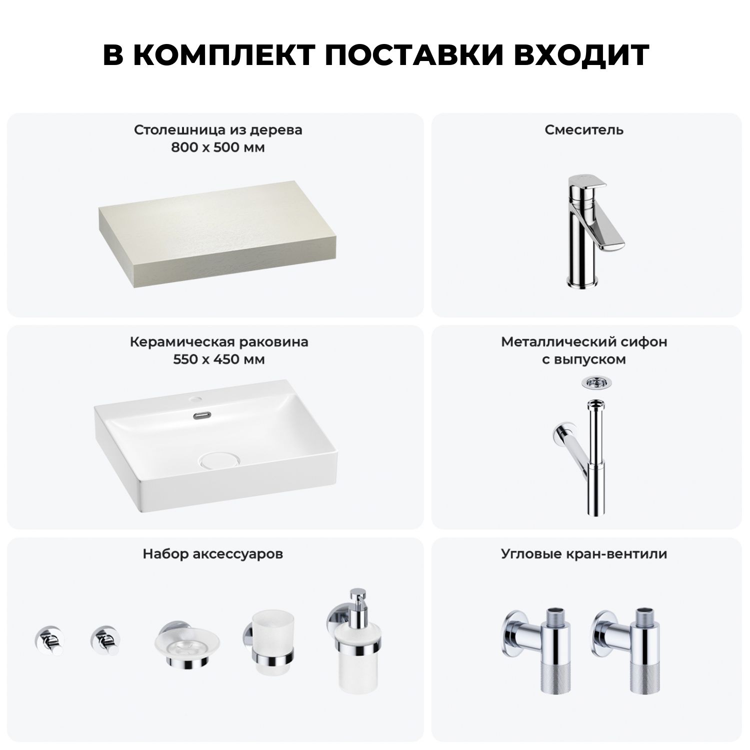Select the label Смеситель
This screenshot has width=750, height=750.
(x=584, y=130)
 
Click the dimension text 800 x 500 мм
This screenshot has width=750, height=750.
(x=217, y=147)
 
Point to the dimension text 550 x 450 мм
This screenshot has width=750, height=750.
(x=218, y=359)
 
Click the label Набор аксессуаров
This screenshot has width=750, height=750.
(x=212, y=554)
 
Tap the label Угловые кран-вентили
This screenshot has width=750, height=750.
(x=584, y=554)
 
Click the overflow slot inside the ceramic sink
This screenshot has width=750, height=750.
(x=202, y=414)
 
